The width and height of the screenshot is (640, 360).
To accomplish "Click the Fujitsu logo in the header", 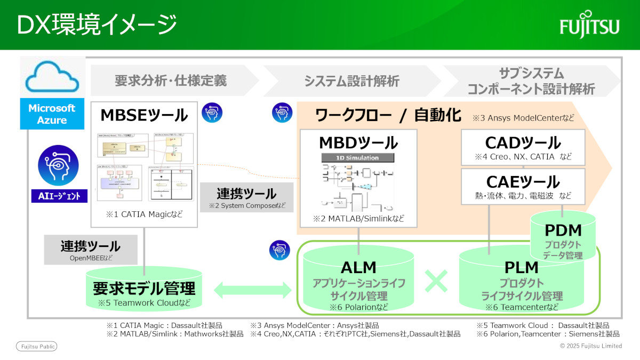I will click(589, 24).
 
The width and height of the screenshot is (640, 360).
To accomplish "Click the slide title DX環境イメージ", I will click(97, 25).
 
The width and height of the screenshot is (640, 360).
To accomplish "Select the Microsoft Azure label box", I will click(52, 114).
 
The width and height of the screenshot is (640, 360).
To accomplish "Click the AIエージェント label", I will click(59, 196).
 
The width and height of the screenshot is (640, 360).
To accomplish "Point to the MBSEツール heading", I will click(144, 115).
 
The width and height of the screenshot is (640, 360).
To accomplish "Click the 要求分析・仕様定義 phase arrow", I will click(171, 81).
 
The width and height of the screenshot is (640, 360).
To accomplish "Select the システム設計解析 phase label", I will click(351, 81).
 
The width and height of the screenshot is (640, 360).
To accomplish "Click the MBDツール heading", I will click(358, 142).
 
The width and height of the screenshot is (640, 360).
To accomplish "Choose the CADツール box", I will click(523, 148).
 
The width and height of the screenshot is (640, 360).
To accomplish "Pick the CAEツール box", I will click(523, 187).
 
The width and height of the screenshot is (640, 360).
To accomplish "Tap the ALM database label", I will click(358, 267).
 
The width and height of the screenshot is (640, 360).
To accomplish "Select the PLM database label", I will click(522, 267).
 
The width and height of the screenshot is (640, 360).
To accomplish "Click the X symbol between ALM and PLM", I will click(437, 281).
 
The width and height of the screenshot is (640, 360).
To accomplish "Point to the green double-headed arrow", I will click(252, 290).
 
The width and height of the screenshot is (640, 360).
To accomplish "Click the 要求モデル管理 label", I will click(144, 289).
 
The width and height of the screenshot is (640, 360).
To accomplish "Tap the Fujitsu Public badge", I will click(36, 346).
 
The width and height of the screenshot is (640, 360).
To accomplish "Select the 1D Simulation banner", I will click(358, 158).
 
